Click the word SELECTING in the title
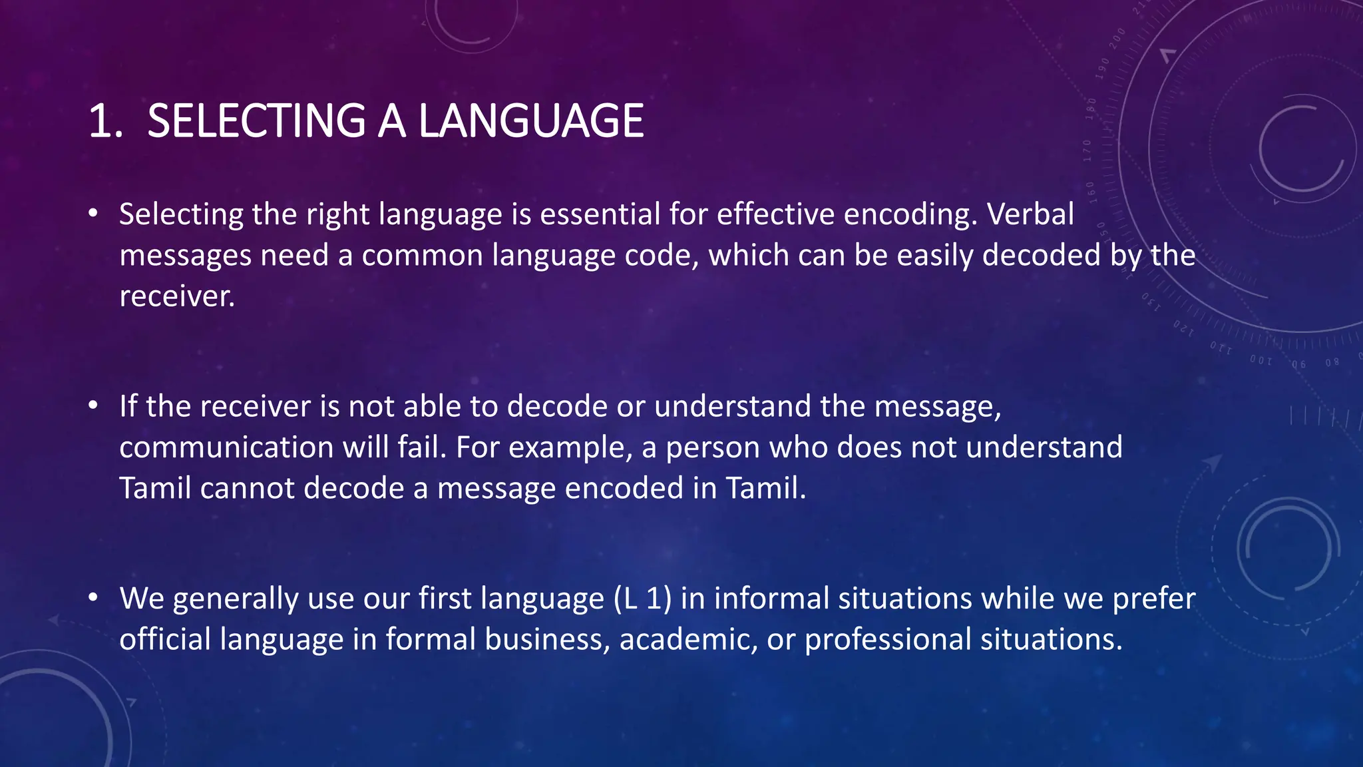click(256, 121)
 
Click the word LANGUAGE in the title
click(530, 121)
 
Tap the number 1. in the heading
click(105, 121)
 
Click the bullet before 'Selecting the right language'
click(94, 214)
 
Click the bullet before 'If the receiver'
click(94, 405)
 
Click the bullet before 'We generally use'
click(94, 597)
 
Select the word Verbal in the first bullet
click(1030, 214)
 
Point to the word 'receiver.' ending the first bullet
click(177, 296)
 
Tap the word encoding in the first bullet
click(910, 214)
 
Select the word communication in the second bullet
click(226, 447)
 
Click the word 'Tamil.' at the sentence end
click(765, 488)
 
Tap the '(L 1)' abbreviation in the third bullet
click(642, 598)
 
